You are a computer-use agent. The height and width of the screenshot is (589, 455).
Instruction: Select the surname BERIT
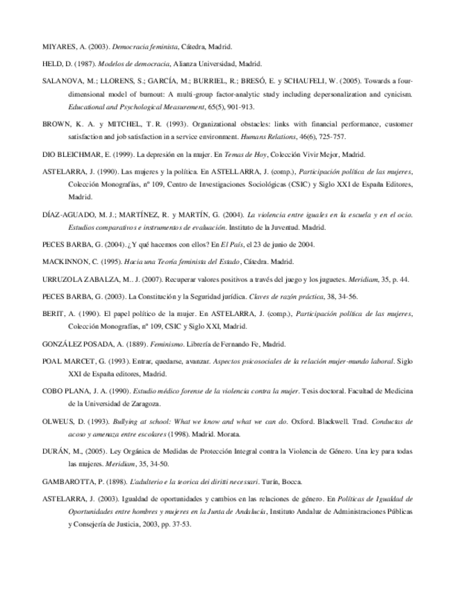[x=53, y=314]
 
